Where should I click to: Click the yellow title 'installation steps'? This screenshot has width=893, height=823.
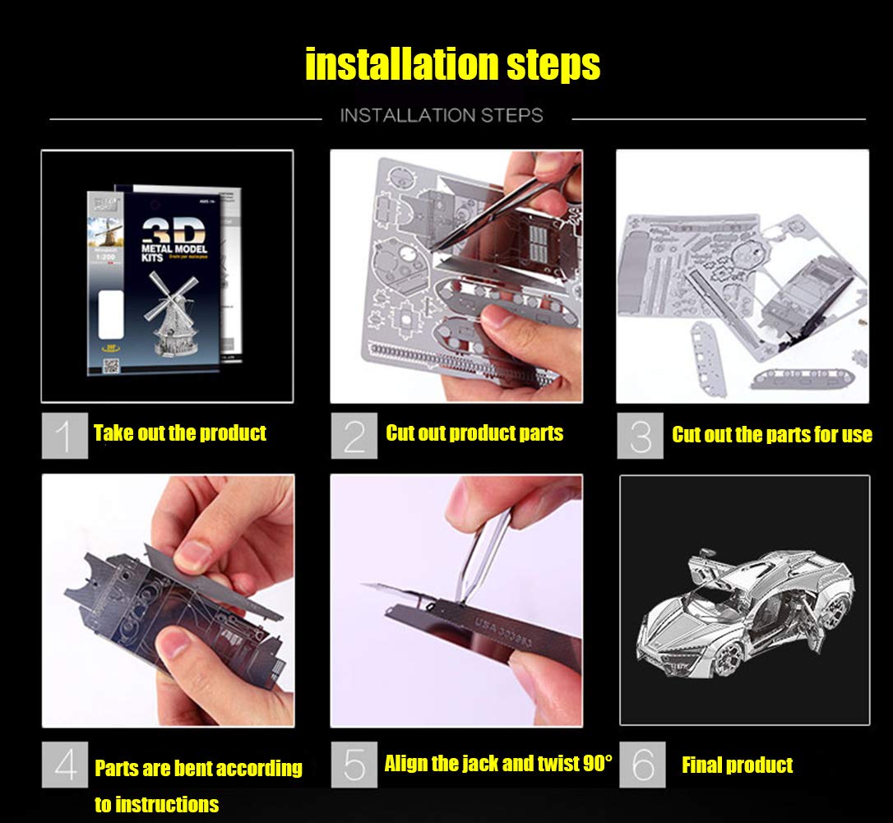(452, 65)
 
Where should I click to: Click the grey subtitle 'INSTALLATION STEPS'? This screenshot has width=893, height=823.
(442, 115)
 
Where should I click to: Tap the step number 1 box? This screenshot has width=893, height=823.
(64, 436)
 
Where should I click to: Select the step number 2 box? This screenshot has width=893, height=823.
(354, 436)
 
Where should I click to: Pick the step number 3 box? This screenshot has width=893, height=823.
(640, 436)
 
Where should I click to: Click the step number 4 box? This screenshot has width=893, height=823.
(64, 765)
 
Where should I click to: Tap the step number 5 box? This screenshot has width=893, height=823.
(354, 765)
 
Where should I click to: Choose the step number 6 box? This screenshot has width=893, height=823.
(641, 765)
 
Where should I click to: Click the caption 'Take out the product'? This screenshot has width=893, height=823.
(179, 433)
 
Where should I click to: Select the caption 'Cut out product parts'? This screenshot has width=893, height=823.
(474, 433)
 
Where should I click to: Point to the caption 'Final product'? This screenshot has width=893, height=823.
(737, 765)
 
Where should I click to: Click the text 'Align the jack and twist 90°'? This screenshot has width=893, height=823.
(497, 764)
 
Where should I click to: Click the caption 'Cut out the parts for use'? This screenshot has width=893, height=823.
(771, 435)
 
